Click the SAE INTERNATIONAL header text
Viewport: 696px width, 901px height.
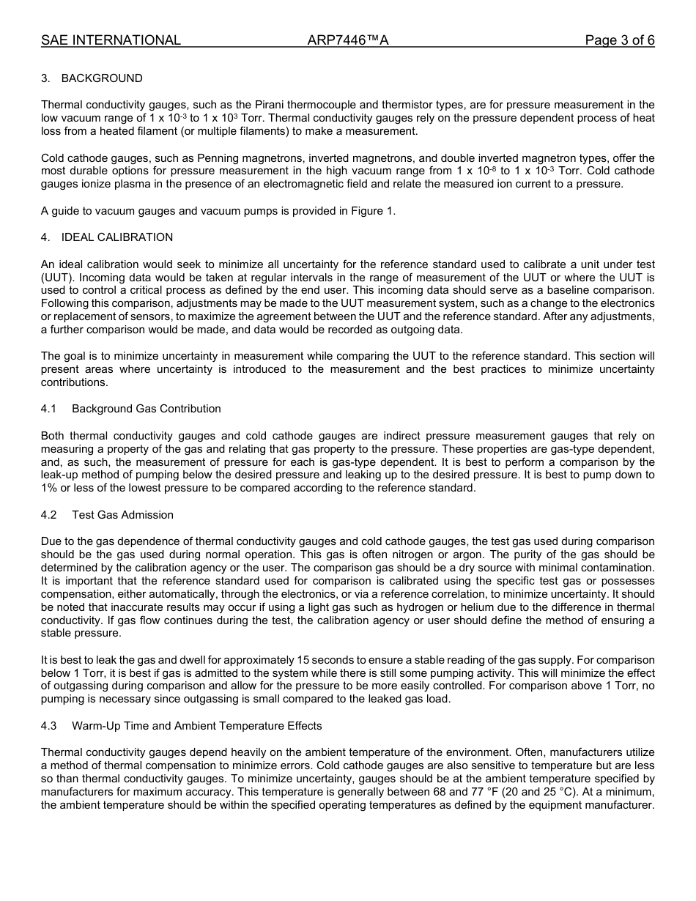[111, 40]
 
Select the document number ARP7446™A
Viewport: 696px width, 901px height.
[348, 40]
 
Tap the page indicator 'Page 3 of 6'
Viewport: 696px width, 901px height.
[619, 40]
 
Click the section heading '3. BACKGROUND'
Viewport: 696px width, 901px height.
[92, 78]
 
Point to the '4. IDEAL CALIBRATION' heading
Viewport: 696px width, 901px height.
[107, 237]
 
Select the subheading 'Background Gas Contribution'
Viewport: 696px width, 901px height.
[146, 409]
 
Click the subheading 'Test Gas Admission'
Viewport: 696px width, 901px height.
[122, 515]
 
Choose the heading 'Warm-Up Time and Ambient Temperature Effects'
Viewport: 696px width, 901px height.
[196, 726]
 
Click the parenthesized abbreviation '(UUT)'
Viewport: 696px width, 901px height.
[56, 278]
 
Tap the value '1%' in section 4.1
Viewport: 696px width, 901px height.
[50, 488]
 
